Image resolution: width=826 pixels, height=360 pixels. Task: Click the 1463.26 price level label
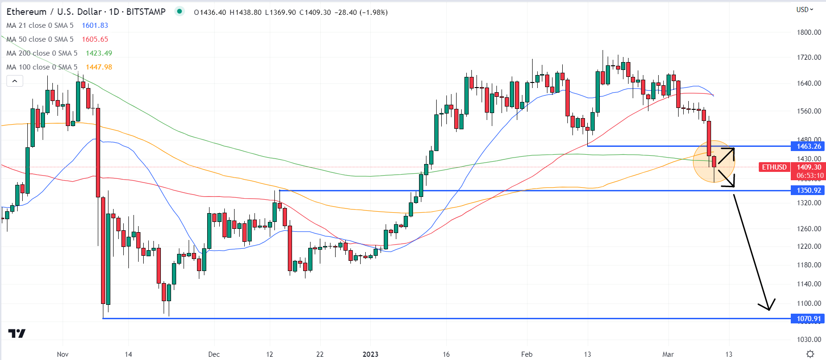808,146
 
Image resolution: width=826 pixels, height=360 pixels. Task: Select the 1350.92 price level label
808,190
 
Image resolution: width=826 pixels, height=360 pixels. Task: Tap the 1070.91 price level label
808,318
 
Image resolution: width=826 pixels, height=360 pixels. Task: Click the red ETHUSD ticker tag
774,167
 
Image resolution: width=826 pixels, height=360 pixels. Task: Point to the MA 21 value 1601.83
95,25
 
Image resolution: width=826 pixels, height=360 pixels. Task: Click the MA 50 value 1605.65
95,39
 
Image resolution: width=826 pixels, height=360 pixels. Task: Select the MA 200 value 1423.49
99,53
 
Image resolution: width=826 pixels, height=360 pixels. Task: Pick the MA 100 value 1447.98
99,67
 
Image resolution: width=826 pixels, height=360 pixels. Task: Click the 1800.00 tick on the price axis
809,32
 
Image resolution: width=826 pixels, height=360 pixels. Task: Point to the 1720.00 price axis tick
809,57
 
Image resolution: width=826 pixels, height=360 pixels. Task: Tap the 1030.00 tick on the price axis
809,340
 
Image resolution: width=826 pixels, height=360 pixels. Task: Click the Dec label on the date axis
214,354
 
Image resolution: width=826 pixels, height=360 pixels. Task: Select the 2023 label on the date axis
370,354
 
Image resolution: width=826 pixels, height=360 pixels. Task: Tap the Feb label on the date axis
527,354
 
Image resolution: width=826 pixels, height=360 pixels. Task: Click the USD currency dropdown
805,10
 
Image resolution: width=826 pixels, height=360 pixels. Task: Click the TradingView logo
17,334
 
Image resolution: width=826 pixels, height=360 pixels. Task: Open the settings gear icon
810,354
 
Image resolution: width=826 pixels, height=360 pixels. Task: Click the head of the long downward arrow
769,309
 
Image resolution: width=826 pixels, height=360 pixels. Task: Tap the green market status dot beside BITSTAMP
179,11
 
